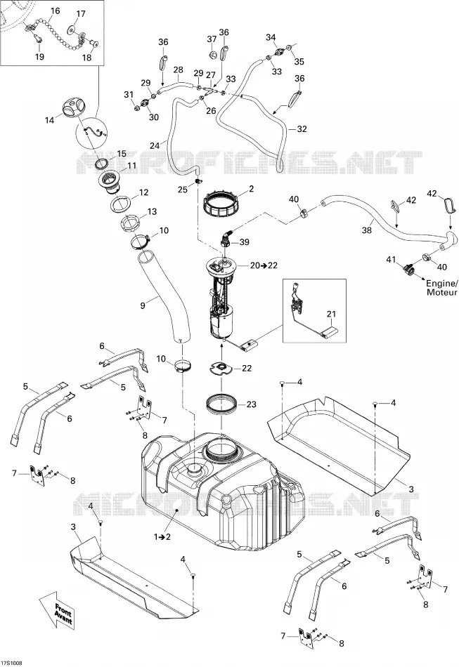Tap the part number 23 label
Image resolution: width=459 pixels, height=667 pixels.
(x=252, y=404)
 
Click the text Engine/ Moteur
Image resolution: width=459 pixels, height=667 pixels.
(x=441, y=288)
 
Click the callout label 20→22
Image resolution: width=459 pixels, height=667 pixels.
(x=264, y=265)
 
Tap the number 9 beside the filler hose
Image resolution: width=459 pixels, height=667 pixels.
(x=143, y=305)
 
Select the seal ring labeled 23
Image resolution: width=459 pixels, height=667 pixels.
(x=222, y=404)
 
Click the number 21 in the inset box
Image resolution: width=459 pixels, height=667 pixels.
(x=331, y=314)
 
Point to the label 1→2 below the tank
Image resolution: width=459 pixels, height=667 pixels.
(x=162, y=537)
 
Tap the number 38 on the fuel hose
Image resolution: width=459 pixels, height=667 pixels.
(x=367, y=230)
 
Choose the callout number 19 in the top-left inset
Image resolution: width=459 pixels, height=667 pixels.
(x=39, y=57)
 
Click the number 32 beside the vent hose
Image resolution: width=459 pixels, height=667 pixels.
(x=302, y=129)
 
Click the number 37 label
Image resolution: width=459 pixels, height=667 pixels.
(x=212, y=39)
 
